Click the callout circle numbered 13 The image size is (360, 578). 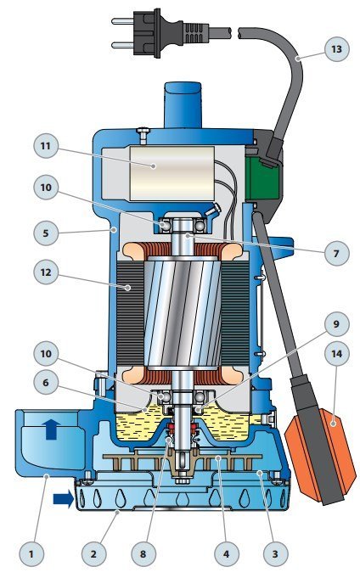[337, 49]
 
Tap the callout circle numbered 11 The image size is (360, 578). [45, 146]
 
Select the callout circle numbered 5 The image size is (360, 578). [45, 233]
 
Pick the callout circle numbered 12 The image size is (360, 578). [45, 272]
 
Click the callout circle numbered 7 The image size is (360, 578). [336, 253]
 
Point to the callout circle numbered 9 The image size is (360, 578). [336, 324]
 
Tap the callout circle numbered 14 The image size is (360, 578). [336, 354]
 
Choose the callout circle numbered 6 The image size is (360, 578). [45, 382]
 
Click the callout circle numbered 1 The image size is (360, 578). [31, 553]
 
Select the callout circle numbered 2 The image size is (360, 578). [93, 553]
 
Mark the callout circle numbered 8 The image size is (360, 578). [143, 553]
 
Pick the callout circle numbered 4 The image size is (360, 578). [227, 553]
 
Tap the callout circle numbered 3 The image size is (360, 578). [275, 553]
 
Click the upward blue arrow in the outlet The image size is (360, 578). [52, 429]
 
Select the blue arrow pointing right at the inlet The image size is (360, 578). [64, 499]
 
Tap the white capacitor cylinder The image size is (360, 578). [172, 173]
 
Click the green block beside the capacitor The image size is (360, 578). [262, 178]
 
